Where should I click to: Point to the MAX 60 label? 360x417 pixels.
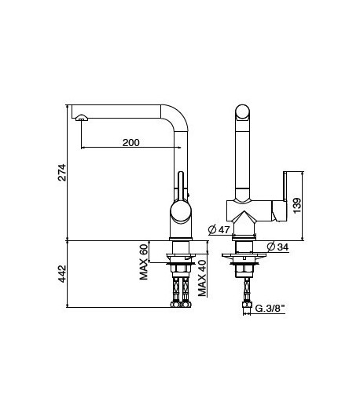tap(145, 259)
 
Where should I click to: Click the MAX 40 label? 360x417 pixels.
tap(203, 278)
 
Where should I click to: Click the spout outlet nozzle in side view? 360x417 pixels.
tap(80, 119)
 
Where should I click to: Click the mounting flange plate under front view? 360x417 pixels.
tap(244, 256)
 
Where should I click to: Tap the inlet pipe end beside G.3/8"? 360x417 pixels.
tap(244, 308)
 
